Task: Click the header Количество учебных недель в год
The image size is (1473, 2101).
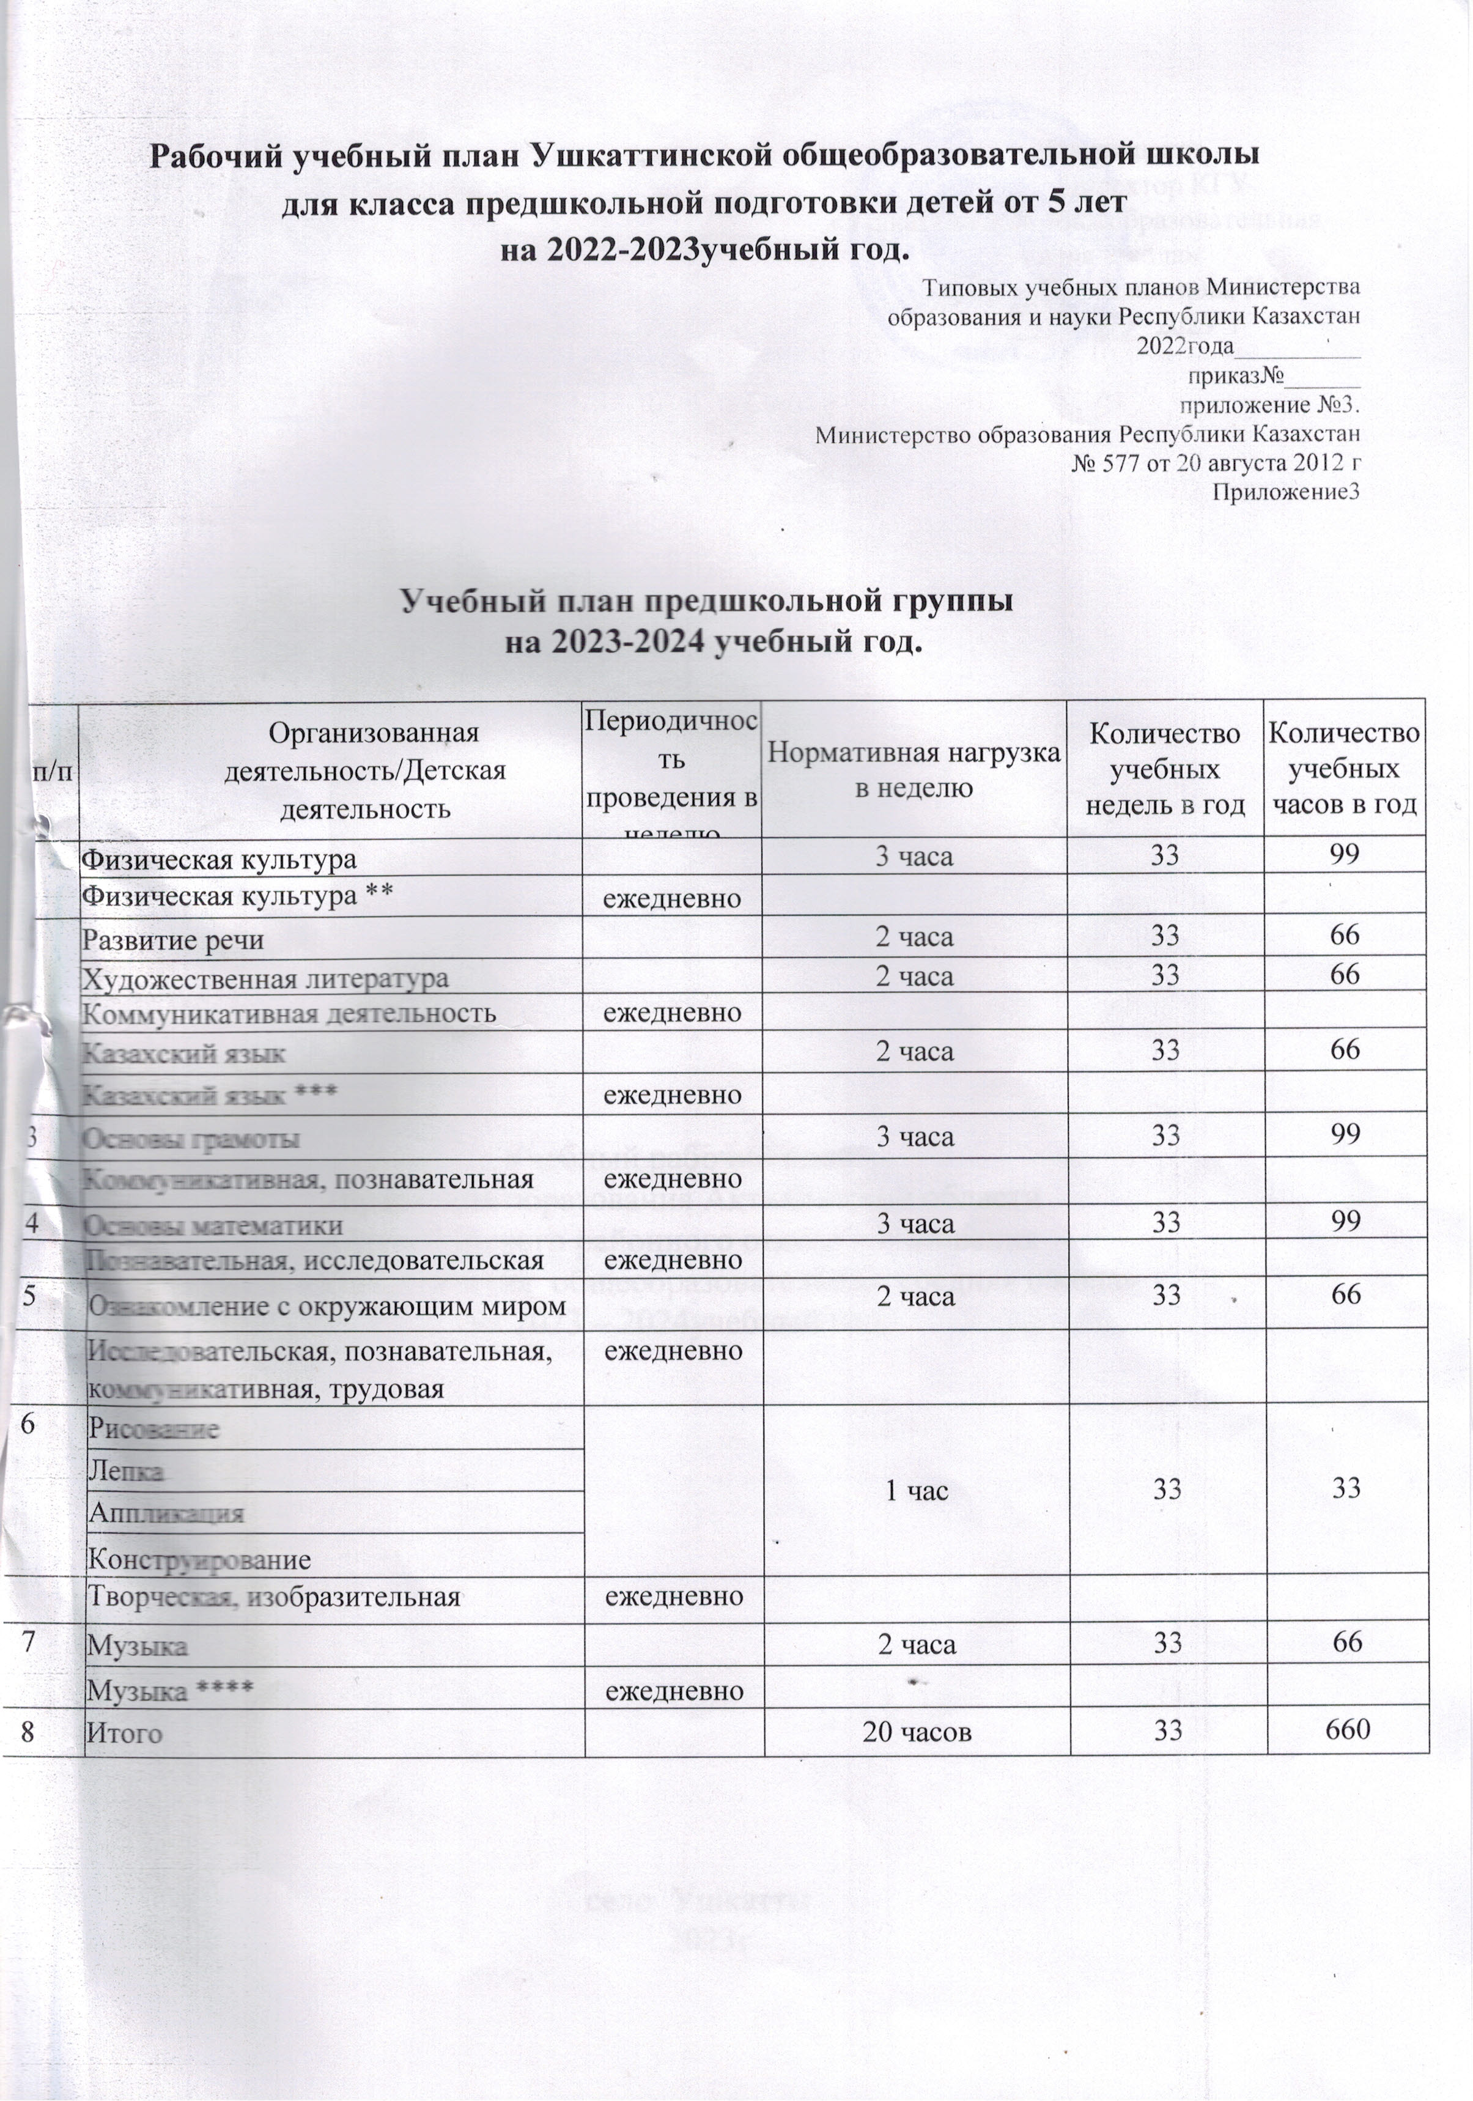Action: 1165,769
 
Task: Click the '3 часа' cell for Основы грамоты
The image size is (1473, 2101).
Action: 915,1137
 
